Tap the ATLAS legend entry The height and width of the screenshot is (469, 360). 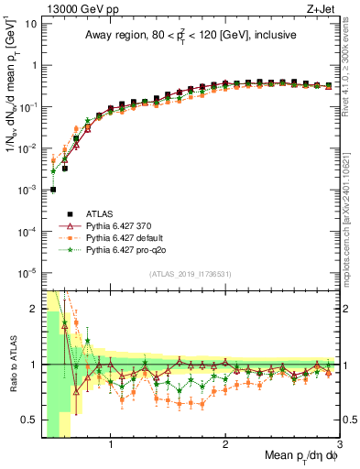click(99, 213)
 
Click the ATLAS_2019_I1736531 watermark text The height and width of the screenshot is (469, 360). click(190, 274)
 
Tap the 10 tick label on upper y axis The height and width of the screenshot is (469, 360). click(30, 23)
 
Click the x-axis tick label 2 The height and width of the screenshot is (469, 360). click(225, 447)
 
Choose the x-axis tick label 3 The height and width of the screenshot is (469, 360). click(339, 447)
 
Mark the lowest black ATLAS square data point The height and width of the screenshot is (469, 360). click(53, 190)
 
